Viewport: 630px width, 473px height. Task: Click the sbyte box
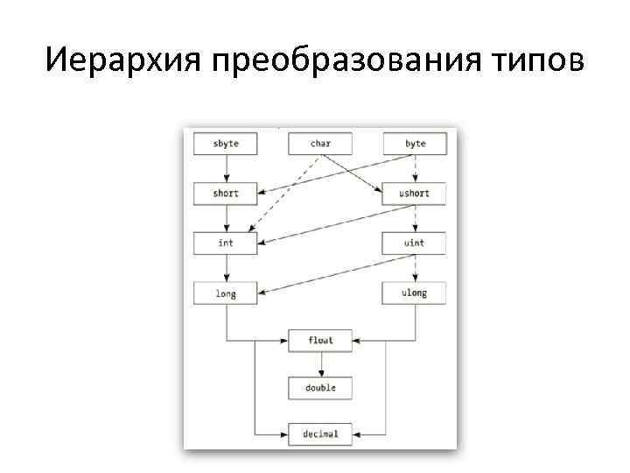[x=226, y=144]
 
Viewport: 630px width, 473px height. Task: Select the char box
[x=320, y=144]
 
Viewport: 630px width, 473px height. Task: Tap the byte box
[x=415, y=144]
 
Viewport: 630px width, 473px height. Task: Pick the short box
[x=226, y=193]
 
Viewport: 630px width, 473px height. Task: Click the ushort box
[x=415, y=193]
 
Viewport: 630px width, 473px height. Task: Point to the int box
[x=226, y=243]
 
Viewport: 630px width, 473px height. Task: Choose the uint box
[x=415, y=243]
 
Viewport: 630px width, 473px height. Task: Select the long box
[x=226, y=293]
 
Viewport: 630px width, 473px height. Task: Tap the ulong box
[x=415, y=293]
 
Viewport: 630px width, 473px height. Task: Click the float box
[x=320, y=340]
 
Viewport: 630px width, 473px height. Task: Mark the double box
[x=320, y=387]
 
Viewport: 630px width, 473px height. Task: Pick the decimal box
[x=320, y=434]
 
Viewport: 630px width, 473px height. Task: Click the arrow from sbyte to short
[x=226, y=168]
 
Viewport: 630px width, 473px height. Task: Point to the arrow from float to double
[x=320, y=364]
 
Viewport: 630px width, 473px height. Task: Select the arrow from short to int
[x=226, y=218]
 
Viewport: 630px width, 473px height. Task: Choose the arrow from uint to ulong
[x=415, y=268]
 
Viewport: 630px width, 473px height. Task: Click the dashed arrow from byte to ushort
[x=415, y=168]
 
